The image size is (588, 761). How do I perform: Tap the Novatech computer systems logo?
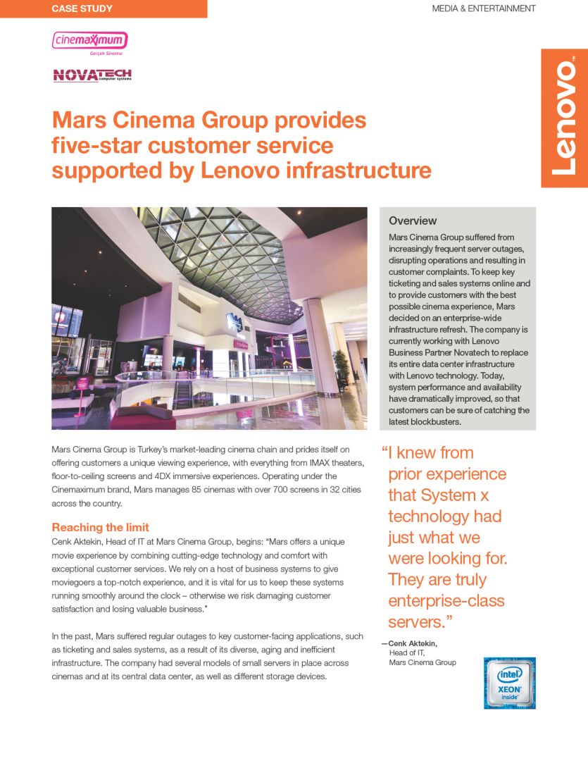click(x=92, y=75)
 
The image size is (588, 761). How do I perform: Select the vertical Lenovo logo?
click(x=564, y=118)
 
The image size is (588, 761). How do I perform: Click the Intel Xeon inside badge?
click(x=509, y=683)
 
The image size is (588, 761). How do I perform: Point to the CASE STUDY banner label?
click(x=82, y=9)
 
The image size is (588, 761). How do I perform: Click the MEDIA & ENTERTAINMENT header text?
click(x=483, y=9)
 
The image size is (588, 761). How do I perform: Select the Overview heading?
click(x=413, y=221)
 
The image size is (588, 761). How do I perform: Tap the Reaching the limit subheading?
click(x=100, y=527)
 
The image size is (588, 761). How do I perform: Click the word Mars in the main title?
click(x=78, y=120)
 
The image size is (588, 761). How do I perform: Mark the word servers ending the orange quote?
click(x=415, y=622)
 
